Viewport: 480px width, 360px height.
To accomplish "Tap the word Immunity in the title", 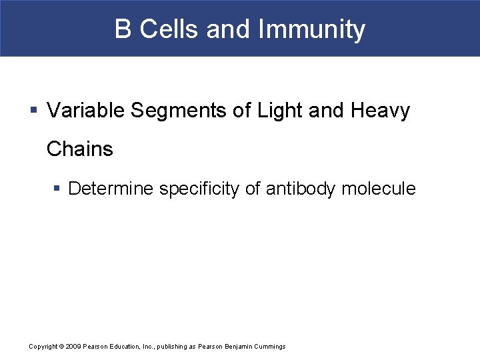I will pos(311,29).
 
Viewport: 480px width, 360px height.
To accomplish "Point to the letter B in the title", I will pos(123,29).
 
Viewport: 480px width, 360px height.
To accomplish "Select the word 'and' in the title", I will pos(227,29).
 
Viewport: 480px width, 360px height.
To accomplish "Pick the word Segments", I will pos(179,110).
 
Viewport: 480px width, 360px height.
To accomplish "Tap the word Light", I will pos(277,110).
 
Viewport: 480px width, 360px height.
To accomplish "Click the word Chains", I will pos(80,149).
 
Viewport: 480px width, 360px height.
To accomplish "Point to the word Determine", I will pos(111,189).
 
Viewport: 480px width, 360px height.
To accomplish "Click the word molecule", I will pos(378,189).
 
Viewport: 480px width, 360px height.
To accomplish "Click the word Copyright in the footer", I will pos(43,347).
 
